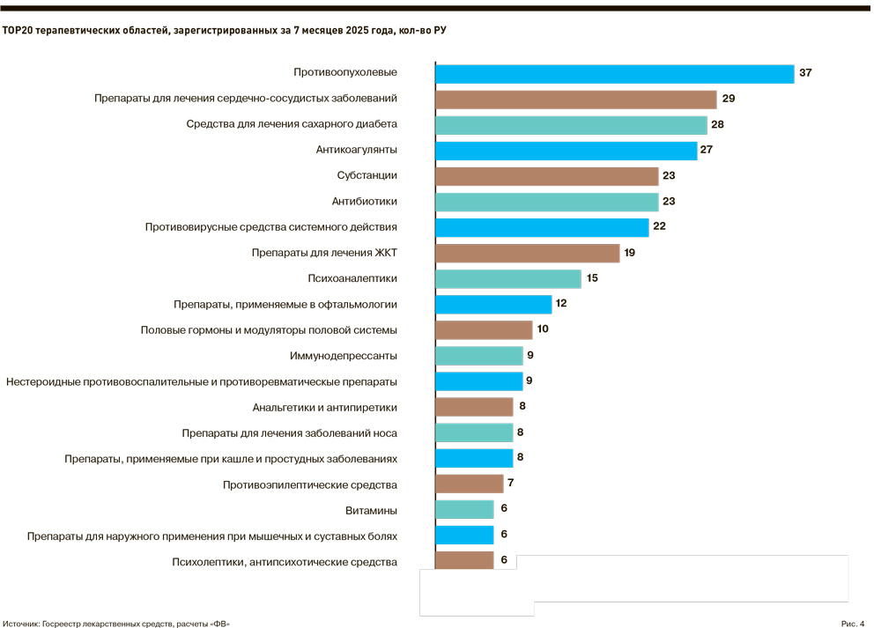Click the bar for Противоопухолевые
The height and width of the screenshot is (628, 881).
click(614, 73)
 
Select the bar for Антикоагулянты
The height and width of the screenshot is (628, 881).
click(566, 150)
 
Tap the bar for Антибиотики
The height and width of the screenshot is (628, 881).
click(546, 202)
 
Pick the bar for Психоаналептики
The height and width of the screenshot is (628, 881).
click(508, 278)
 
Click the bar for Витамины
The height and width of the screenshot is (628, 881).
click(464, 509)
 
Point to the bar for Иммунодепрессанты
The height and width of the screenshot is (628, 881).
click(479, 356)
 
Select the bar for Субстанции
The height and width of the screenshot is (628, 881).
click(546, 176)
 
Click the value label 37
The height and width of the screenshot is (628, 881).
click(805, 73)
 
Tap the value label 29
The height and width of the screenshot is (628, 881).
click(729, 99)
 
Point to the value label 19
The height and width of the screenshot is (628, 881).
click(629, 253)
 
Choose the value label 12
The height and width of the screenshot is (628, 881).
click(561, 304)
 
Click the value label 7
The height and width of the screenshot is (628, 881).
click(510, 484)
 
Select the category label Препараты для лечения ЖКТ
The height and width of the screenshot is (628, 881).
click(324, 253)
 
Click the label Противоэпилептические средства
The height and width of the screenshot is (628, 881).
click(310, 484)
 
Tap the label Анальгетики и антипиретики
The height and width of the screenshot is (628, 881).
click(324, 407)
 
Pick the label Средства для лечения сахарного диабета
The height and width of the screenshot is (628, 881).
click(292, 124)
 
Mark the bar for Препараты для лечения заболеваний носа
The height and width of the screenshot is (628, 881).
click(474, 432)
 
